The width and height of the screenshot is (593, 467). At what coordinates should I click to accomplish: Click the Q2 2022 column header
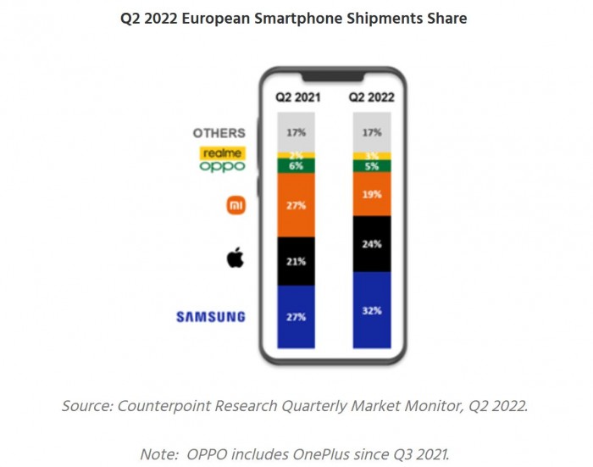click(x=372, y=97)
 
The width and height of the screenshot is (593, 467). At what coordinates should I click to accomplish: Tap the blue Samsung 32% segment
click(x=372, y=310)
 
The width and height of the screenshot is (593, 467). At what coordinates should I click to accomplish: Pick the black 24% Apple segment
click(x=372, y=244)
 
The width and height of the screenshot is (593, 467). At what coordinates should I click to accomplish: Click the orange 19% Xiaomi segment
click(x=372, y=194)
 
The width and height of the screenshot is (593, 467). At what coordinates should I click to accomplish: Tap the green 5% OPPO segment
click(x=372, y=166)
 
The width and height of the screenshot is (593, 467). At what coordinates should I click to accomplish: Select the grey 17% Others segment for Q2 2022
click(x=372, y=132)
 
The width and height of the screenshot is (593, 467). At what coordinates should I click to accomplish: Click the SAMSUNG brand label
click(x=211, y=317)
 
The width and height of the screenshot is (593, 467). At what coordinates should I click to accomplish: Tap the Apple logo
click(x=235, y=258)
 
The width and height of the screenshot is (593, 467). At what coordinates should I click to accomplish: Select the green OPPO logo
click(x=223, y=167)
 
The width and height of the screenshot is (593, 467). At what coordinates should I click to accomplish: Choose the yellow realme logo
click(x=223, y=153)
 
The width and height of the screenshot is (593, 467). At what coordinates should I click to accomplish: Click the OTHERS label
click(x=219, y=133)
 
